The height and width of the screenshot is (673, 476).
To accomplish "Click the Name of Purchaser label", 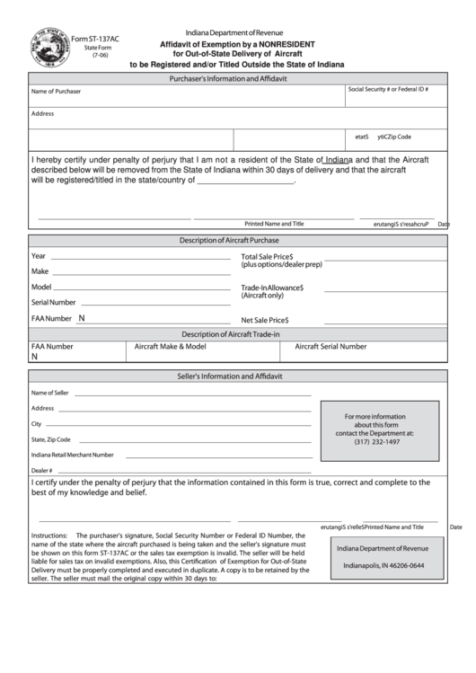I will coord(56,92).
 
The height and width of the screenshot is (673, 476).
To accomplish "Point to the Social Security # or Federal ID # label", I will coord(388,90).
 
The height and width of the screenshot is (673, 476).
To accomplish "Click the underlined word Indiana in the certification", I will coord(338,159).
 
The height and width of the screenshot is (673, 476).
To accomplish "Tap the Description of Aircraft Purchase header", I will coord(229,241).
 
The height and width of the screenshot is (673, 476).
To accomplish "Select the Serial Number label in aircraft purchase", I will coord(53,303).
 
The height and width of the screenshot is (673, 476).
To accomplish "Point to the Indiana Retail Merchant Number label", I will coord(72,455).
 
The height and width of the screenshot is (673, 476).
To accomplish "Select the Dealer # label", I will coord(42,470).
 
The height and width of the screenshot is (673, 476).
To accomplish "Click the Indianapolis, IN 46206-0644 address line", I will coord(383,566).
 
